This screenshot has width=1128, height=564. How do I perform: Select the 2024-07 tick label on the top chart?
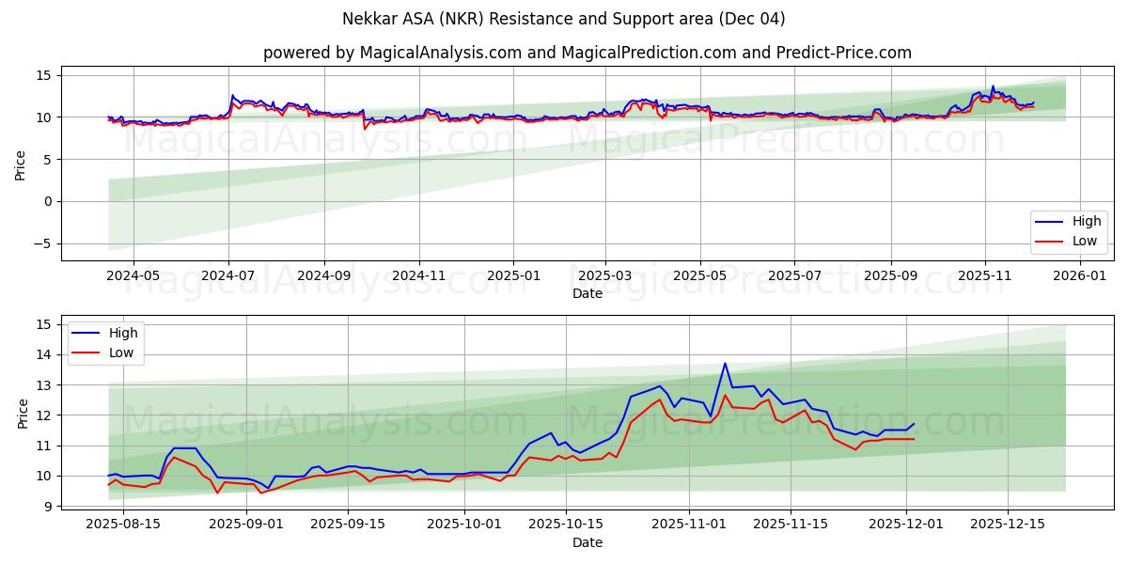228,276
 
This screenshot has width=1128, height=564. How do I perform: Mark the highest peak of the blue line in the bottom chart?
725,364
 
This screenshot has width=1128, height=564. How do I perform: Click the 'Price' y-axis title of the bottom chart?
23,414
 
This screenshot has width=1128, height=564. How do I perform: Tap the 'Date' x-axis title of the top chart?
587,293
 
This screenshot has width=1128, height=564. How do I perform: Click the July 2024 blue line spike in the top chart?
232,95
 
